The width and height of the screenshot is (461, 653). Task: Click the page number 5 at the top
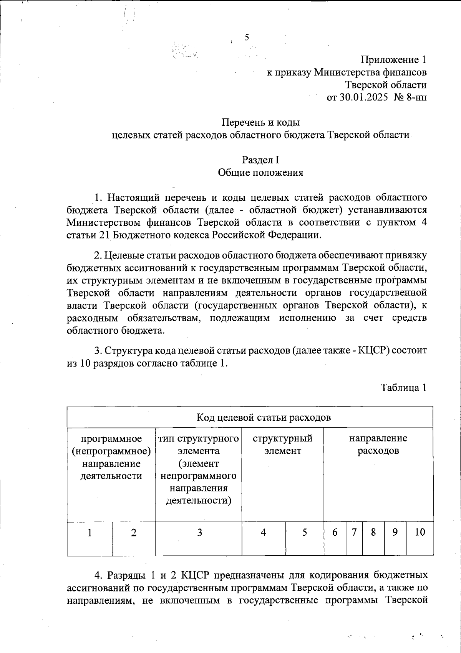247,37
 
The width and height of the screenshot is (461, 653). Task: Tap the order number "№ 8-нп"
410,97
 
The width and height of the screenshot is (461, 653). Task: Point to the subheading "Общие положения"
260,173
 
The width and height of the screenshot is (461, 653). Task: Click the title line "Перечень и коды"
260,123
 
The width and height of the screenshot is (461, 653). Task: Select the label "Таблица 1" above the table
403,388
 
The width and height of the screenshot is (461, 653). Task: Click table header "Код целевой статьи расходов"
263,418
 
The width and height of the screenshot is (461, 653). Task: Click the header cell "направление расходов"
378,444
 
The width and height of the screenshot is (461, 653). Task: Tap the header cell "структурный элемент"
282,444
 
